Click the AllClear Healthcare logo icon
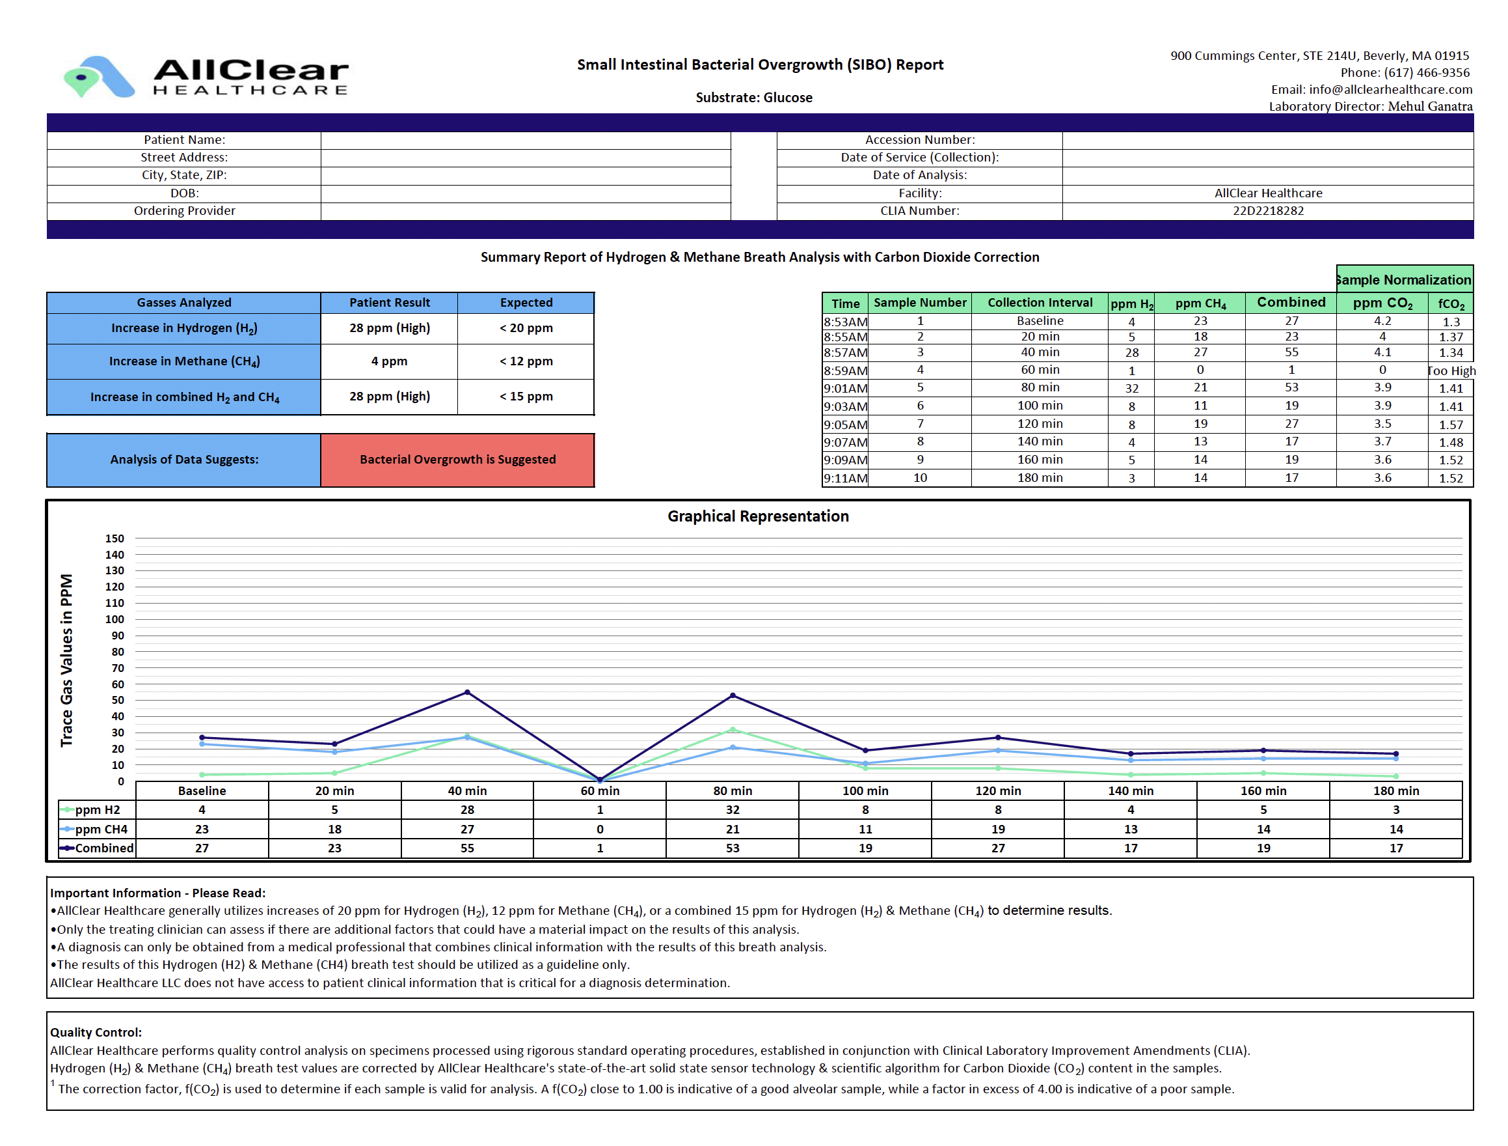[x=98, y=76]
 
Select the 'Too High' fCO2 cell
[x=1451, y=370]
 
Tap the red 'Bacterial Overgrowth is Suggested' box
[x=457, y=460]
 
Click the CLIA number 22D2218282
[x=1267, y=211]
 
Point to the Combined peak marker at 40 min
[x=467, y=692]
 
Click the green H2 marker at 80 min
[x=733, y=730]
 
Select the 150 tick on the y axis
[x=114, y=538]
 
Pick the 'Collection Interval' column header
[x=1040, y=303]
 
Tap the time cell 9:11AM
[x=845, y=478]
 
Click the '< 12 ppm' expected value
[x=526, y=361]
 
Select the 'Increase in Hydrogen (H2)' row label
[x=184, y=329]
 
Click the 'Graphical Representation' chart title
[x=758, y=516]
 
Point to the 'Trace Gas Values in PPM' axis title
[x=66, y=660]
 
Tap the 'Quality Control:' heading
[x=96, y=1032]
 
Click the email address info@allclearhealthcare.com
[x=1390, y=89]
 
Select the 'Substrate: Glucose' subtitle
[x=754, y=98]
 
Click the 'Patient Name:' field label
[x=184, y=140]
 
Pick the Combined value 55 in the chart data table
[x=467, y=848]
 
